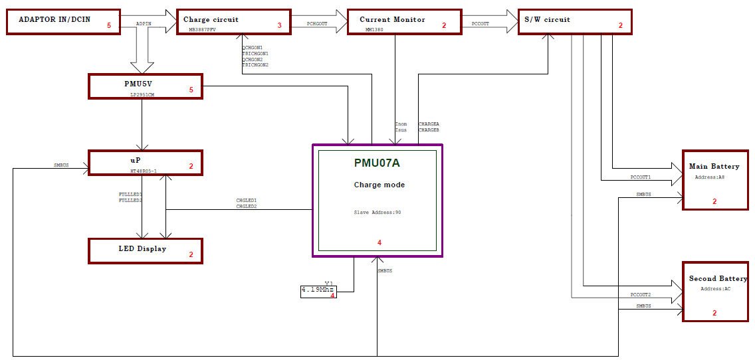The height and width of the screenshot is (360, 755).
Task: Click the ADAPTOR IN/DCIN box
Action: click(x=63, y=22)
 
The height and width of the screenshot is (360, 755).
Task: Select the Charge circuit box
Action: click(x=233, y=22)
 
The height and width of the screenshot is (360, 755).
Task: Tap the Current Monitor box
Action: click(x=405, y=22)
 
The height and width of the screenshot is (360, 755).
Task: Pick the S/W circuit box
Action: click(x=575, y=22)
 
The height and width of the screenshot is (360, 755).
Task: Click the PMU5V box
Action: click(x=146, y=86)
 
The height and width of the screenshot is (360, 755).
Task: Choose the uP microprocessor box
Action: click(x=146, y=162)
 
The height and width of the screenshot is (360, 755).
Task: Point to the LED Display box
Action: click(x=146, y=251)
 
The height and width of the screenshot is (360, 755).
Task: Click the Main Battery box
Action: click(x=716, y=179)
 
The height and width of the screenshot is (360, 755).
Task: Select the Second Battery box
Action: click(x=716, y=291)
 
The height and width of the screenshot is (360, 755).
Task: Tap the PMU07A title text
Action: click(x=377, y=163)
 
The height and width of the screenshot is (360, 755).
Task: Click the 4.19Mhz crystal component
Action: click(x=318, y=292)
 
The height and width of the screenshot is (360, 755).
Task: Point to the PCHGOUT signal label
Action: click(x=317, y=23)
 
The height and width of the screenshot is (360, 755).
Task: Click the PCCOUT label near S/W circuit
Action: click(x=480, y=23)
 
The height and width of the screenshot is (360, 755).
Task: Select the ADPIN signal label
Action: click(x=144, y=23)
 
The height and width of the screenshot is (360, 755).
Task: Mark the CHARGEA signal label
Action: click(x=429, y=124)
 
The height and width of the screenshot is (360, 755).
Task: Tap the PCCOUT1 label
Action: click(x=641, y=177)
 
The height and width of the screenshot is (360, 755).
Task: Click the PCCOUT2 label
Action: click(x=641, y=294)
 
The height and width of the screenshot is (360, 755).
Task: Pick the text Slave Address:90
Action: click(x=377, y=213)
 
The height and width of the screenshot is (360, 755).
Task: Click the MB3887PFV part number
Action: click(x=202, y=29)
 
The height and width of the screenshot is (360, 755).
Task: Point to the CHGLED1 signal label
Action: click(x=246, y=200)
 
